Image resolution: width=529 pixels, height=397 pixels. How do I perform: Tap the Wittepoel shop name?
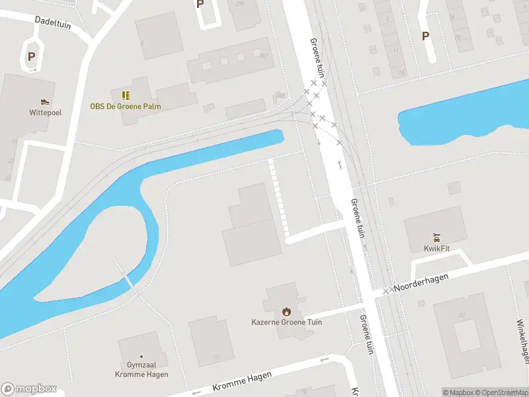click(x=45, y=112)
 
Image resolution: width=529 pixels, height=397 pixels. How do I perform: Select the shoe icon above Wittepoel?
click(x=45, y=101)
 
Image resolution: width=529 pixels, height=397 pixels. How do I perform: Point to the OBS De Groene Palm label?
click(x=126, y=106)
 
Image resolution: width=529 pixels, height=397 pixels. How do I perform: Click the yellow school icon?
click(x=126, y=95)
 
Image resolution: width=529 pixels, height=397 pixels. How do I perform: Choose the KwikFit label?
click(x=436, y=249)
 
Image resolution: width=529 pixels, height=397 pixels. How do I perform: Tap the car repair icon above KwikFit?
click(x=436, y=238)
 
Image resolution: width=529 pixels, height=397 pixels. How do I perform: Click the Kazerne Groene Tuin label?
click(x=286, y=322)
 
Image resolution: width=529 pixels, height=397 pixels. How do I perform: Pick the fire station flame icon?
click(x=286, y=311)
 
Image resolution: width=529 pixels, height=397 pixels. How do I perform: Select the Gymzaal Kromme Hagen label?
click(x=143, y=369)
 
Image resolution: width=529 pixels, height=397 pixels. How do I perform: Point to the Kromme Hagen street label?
click(x=242, y=381)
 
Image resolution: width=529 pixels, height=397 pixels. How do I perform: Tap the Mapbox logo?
click(x=28, y=389)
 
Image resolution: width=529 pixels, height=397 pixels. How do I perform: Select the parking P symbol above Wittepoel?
click(x=31, y=56)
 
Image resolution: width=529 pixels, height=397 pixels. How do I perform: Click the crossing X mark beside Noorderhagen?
click(x=386, y=291)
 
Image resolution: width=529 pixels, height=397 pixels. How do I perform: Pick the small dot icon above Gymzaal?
click(x=143, y=356)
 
